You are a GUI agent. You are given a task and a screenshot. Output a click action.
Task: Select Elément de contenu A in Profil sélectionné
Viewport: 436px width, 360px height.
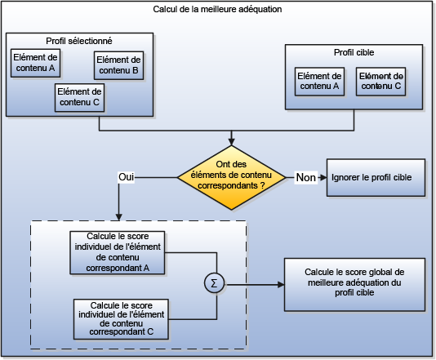tap(35, 63)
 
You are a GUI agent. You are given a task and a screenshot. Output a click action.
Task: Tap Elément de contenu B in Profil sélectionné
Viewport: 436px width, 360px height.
tap(118, 65)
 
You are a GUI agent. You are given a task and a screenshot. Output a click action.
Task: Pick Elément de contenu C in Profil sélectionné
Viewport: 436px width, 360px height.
tap(79, 97)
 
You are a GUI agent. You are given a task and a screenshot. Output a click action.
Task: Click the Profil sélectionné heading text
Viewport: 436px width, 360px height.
tap(79, 40)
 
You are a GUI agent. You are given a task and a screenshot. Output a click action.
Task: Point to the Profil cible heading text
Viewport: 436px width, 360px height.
tap(354, 52)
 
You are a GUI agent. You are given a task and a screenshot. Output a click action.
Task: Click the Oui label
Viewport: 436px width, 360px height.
tap(127, 176)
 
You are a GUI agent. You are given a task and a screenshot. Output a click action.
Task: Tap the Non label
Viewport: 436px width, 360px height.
tap(305, 176)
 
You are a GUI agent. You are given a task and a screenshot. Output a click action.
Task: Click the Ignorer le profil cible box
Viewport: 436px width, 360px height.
tap(376, 177)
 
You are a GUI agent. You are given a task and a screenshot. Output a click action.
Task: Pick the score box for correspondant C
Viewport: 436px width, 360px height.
tap(119, 318)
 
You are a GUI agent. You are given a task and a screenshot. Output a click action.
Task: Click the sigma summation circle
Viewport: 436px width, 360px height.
tap(215, 285)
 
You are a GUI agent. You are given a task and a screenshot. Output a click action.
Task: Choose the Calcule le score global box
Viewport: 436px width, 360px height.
tap(354, 285)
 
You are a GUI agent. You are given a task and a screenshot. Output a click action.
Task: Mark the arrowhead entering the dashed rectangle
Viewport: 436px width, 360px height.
tap(119, 216)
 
